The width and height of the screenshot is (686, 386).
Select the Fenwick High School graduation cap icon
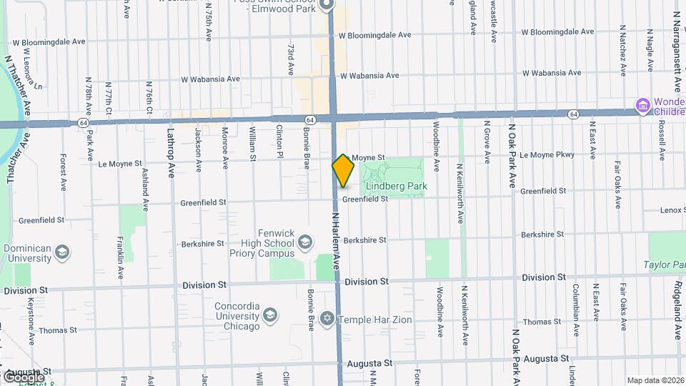(305, 241)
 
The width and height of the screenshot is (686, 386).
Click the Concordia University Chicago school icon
(269, 315)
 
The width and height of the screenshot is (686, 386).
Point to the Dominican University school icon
(62, 252)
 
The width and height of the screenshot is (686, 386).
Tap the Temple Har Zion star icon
(327, 319)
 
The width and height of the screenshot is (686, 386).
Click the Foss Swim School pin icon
(327, 4)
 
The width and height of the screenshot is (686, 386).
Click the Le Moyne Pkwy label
(547, 154)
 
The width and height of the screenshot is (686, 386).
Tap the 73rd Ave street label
(292, 60)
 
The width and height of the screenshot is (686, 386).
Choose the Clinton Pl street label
(279, 141)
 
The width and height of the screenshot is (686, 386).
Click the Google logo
(23, 377)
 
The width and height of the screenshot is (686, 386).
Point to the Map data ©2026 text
(655, 380)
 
